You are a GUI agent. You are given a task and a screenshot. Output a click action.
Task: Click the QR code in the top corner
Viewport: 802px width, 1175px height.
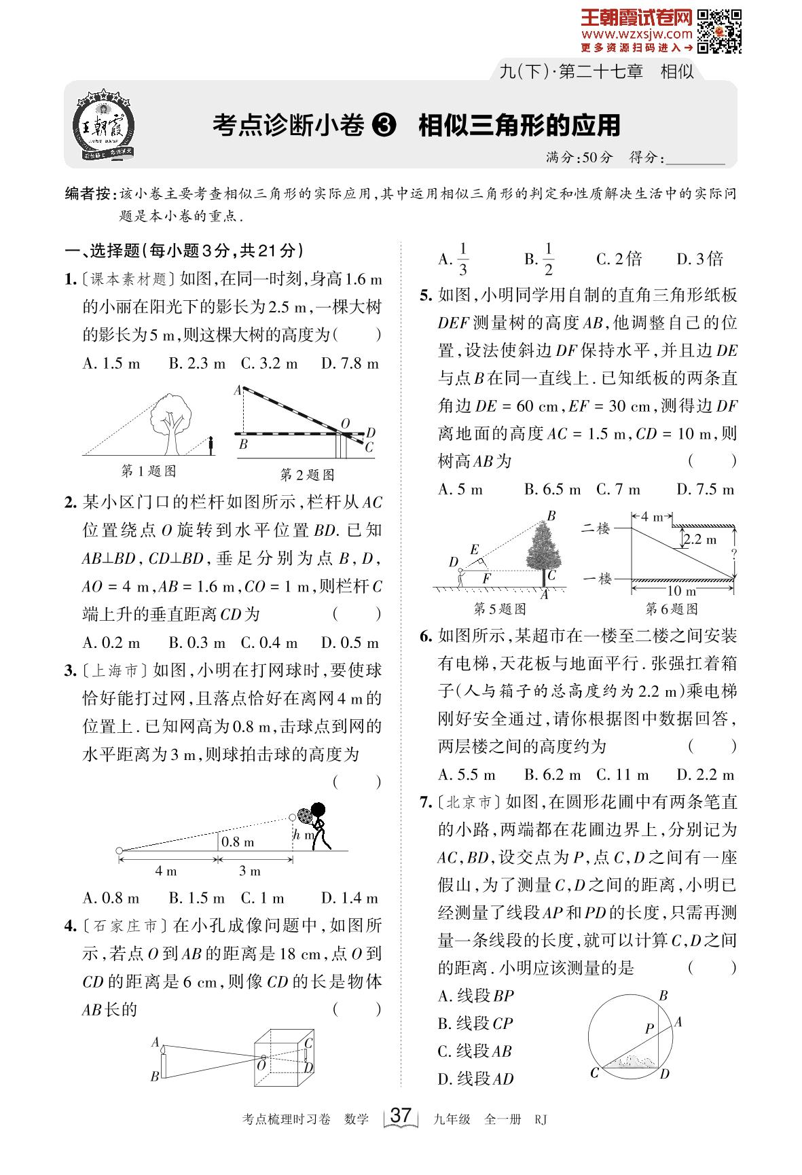click(x=720, y=31)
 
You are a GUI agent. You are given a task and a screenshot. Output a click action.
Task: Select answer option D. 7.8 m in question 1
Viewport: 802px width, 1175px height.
click(x=349, y=363)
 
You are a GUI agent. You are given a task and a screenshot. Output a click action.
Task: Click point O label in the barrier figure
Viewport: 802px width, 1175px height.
click(x=345, y=424)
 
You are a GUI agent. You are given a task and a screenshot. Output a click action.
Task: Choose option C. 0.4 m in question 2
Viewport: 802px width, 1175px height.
click(x=269, y=643)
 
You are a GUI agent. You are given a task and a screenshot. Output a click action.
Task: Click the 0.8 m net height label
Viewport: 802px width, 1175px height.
click(x=238, y=842)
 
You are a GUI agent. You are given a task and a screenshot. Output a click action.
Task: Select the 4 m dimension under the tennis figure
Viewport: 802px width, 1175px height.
click(x=166, y=871)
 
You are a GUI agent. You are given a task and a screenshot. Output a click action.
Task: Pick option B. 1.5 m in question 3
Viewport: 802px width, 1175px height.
click(x=197, y=898)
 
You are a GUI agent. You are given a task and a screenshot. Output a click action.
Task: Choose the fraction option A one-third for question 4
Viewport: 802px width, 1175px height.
click(x=456, y=259)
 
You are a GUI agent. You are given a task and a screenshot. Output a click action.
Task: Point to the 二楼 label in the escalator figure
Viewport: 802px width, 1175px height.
click(x=597, y=528)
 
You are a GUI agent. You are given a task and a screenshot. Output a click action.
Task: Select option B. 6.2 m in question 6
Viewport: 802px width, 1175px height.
click(x=553, y=774)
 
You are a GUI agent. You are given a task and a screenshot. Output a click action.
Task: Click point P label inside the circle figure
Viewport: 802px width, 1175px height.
click(x=649, y=1029)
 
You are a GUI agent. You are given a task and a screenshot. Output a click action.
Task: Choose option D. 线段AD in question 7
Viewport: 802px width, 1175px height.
click(x=476, y=1079)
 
